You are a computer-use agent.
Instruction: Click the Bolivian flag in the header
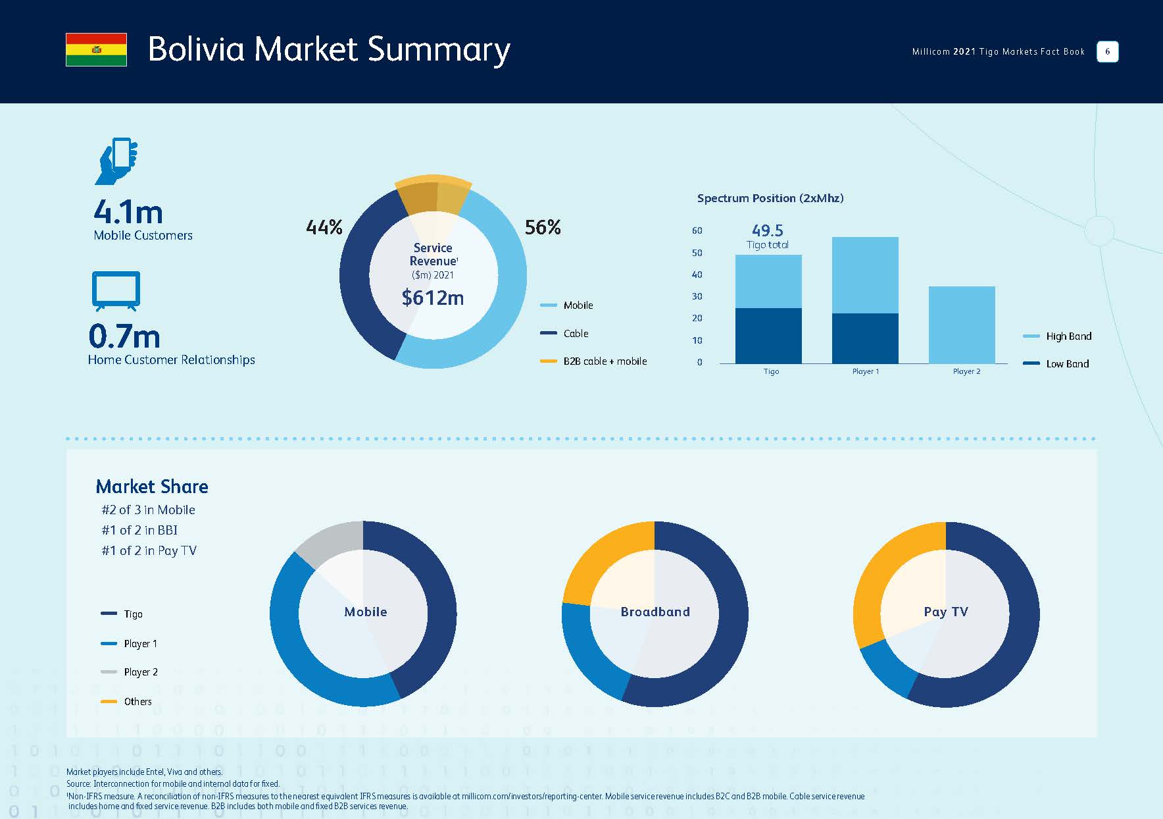tap(96, 49)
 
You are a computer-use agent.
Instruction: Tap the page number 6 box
tap(1107, 51)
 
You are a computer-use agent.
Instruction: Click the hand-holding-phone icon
tap(117, 161)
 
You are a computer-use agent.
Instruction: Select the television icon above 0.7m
tap(116, 290)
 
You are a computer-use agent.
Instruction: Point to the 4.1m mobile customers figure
tap(128, 212)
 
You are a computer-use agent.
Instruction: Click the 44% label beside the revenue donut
tap(324, 228)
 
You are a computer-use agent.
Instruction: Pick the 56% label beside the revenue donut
tap(543, 228)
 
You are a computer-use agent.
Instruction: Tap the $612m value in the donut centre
tap(433, 298)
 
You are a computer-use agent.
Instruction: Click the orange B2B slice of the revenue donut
tap(433, 194)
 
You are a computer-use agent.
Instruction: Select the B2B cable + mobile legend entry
tap(604, 361)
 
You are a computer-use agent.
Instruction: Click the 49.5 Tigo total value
tap(768, 230)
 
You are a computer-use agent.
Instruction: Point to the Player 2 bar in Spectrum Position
tap(962, 325)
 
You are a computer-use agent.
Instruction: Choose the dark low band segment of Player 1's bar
tap(865, 338)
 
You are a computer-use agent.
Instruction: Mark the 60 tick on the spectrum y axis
tap(697, 230)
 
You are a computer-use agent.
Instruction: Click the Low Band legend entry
tap(1066, 364)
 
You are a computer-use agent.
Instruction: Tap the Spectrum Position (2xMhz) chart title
tap(770, 198)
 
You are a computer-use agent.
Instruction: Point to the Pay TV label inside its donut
tap(946, 612)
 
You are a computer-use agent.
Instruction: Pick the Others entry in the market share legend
tap(137, 702)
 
